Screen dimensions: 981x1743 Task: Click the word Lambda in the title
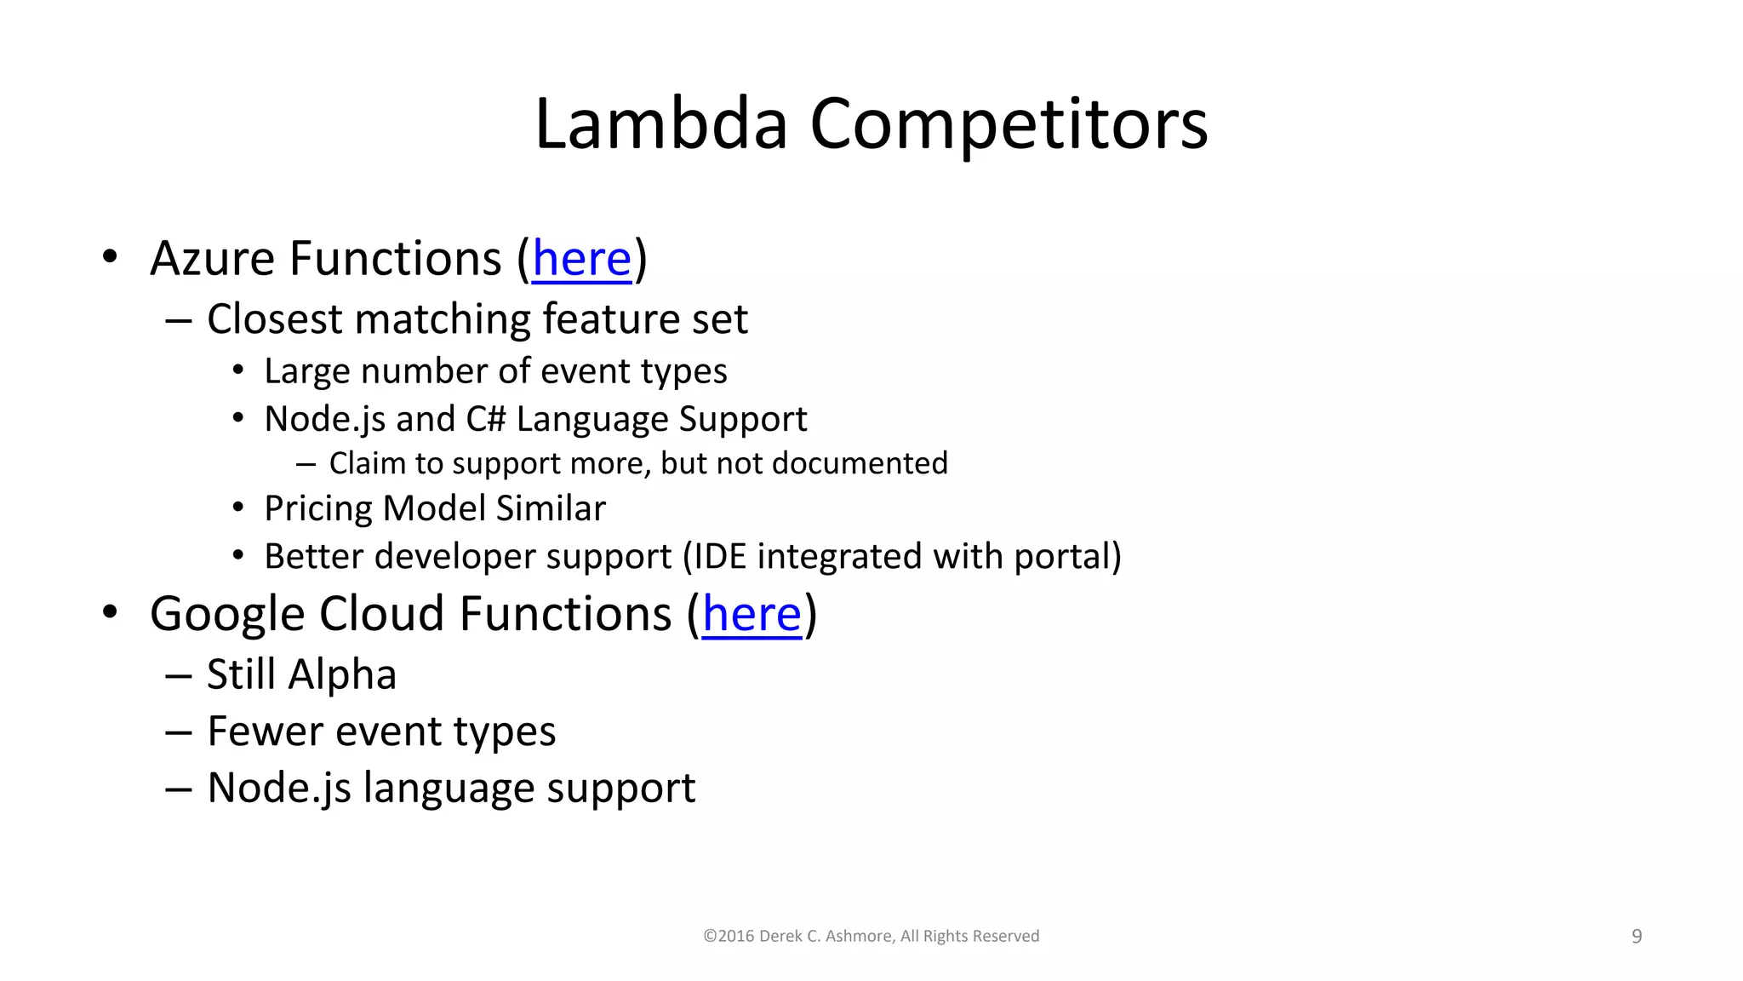point(660,124)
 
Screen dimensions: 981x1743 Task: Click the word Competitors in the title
point(1009,124)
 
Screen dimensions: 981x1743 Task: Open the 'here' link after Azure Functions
point(582,259)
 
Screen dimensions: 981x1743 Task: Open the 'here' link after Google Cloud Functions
point(752,614)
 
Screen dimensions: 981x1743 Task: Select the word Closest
point(274,319)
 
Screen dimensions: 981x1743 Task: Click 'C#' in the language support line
point(486,419)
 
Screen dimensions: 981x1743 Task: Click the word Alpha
point(342,674)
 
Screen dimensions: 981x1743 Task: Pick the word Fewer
point(266,731)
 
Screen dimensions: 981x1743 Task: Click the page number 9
point(1636,937)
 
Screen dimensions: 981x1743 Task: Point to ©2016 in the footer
point(729,936)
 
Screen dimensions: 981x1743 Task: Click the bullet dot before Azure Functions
point(110,256)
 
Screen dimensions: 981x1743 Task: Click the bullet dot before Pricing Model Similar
point(238,508)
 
